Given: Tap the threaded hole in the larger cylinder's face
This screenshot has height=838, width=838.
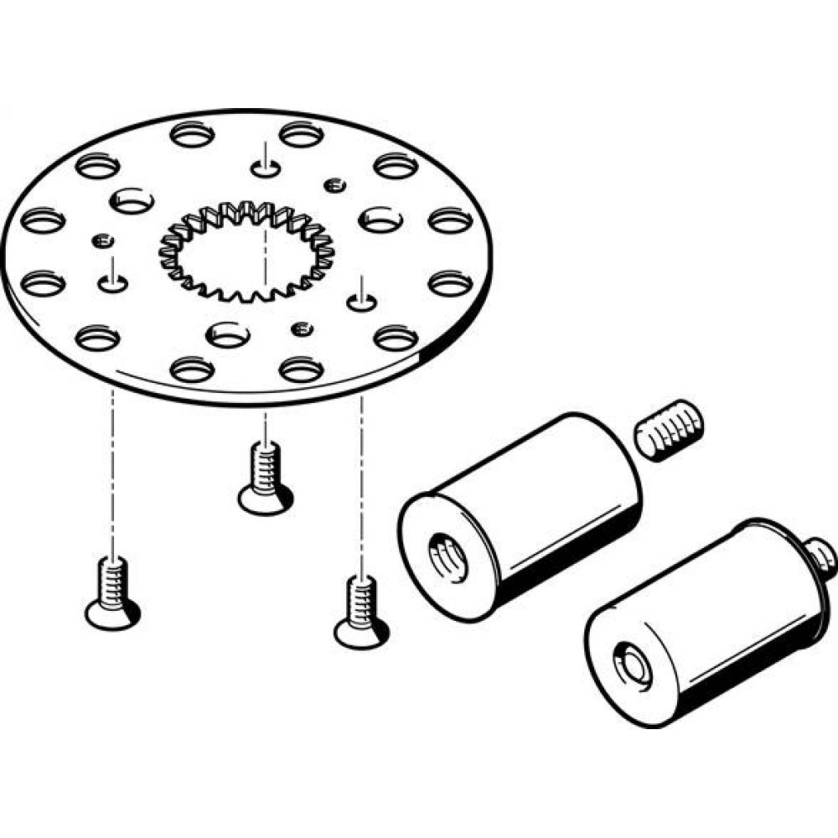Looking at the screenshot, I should [443, 554].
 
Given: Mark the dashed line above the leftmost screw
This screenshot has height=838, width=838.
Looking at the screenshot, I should [111, 469].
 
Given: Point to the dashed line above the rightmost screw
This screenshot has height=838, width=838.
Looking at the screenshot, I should [362, 486].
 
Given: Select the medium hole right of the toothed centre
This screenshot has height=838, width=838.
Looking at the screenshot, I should [380, 220].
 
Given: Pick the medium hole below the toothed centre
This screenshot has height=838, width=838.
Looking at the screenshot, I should [228, 334].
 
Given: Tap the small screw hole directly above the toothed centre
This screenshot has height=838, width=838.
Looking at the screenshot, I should [265, 168].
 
